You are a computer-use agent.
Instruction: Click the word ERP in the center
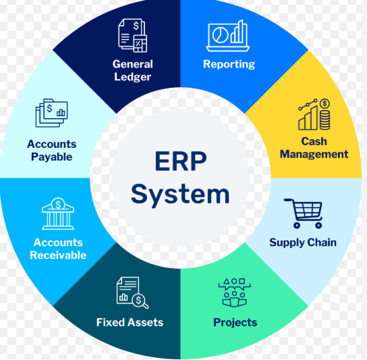pos(181,161)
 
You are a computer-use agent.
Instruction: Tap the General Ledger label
pos(133,70)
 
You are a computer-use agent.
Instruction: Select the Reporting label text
pos(229,64)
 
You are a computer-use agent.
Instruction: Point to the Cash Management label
pos(314,148)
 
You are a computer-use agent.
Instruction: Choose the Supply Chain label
pos(303,242)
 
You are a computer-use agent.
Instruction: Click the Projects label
pos(235,323)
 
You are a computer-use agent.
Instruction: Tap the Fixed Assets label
pos(130,322)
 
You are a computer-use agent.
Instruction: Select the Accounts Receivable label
pos(58,249)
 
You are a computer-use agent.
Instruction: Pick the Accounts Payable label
pos(52,151)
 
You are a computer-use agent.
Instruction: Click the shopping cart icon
pos(304,213)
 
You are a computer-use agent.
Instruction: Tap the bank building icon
pos(58,213)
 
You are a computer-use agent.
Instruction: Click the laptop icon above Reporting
pos(228,36)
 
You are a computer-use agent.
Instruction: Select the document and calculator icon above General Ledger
pos(133,35)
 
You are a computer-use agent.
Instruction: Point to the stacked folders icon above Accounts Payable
pos(52,113)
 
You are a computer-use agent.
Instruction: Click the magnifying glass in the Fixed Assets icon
pos(140,301)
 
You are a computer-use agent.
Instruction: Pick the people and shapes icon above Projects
pos(234,292)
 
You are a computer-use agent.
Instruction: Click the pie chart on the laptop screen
pos(220,35)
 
